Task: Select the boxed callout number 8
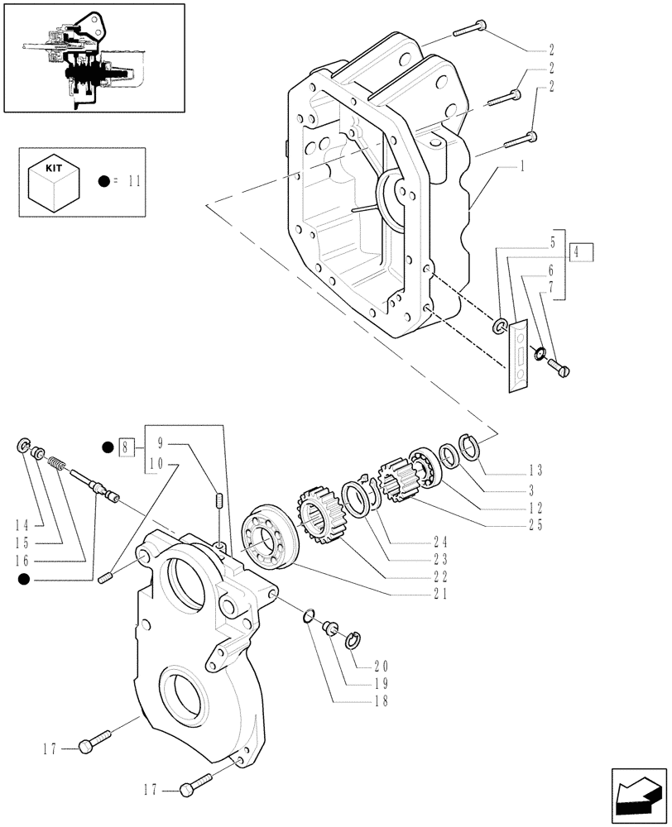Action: coord(127,447)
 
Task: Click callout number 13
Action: coord(535,471)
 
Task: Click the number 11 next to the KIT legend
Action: coord(133,183)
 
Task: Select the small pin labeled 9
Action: coord(218,501)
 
